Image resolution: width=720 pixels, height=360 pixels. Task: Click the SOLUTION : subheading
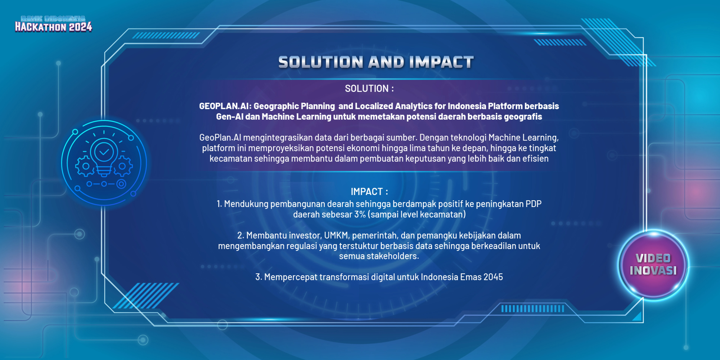[x=369, y=89]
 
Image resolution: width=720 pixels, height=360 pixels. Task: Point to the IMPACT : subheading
[x=369, y=192]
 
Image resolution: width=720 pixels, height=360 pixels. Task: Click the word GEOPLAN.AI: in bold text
[x=225, y=106]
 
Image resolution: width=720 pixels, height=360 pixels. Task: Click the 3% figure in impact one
[x=360, y=214]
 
